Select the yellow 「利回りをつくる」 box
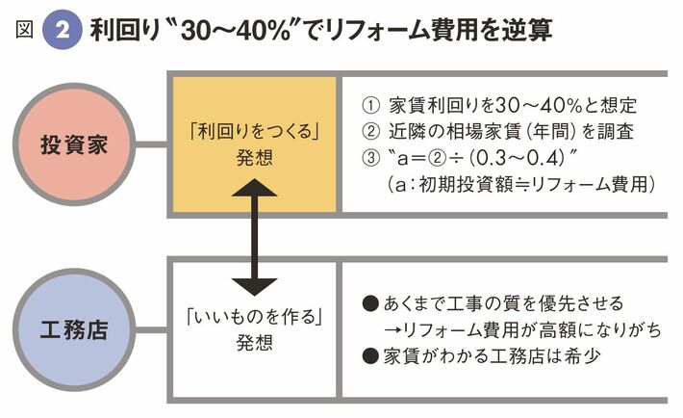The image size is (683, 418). click(x=254, y=142)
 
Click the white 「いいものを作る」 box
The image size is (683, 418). click(x=254, y=329)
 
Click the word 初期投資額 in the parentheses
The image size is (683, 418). click(x=462, y=181)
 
